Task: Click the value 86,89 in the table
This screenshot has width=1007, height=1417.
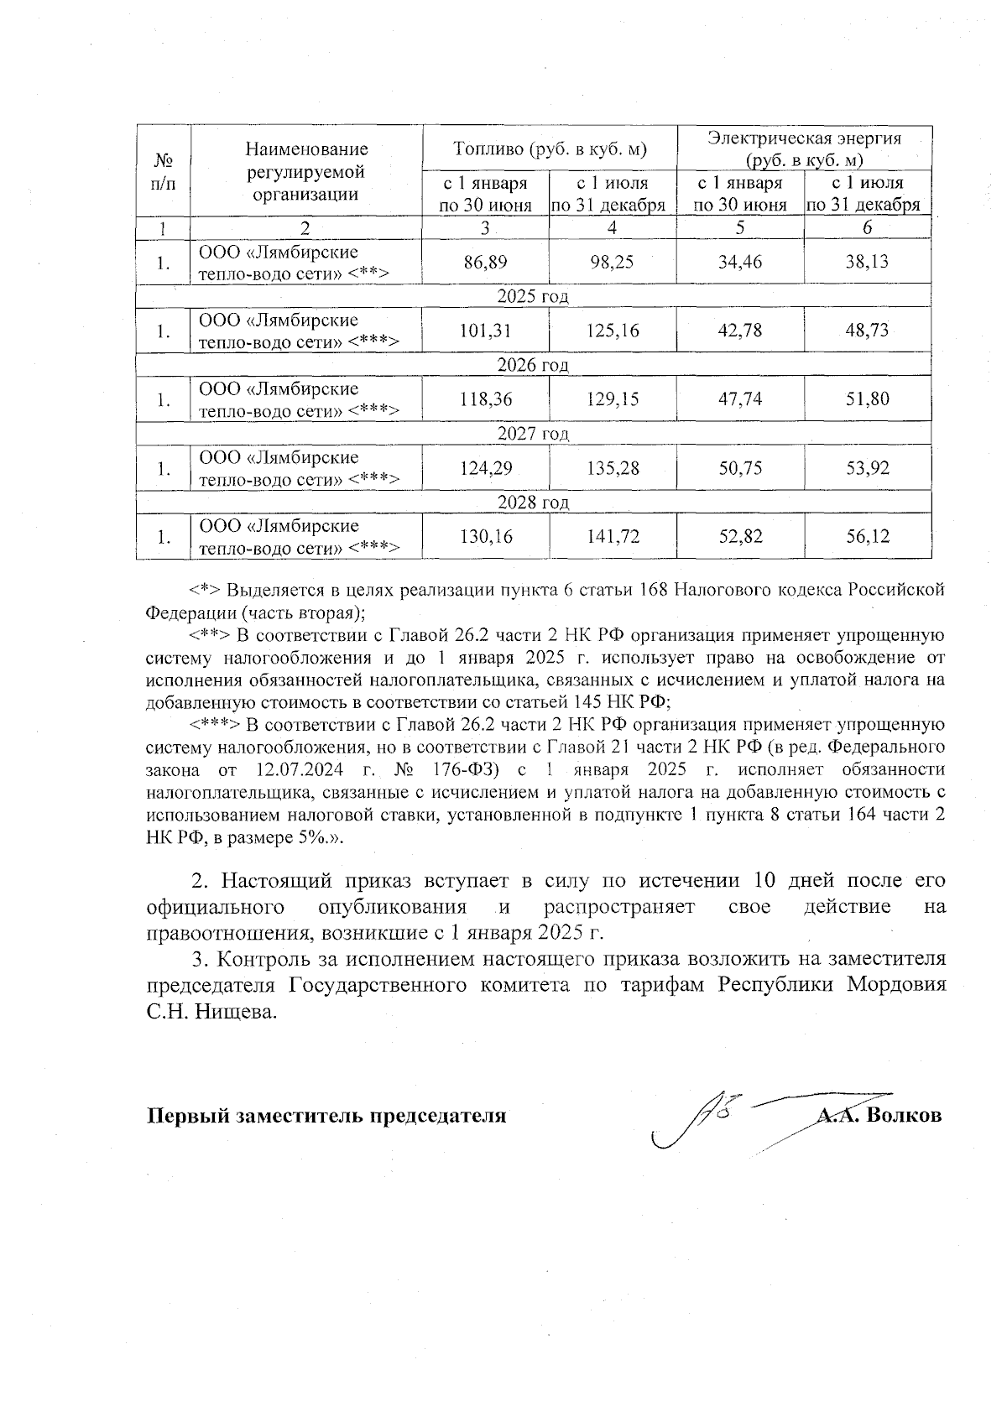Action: [x=485, y=263]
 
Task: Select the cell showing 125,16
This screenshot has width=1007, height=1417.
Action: [x=613, y=331]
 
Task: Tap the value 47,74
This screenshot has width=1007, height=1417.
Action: [x=740, y=400]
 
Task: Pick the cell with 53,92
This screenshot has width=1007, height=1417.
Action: [x=868, y=468]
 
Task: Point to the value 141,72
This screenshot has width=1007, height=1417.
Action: [x=613, y=537]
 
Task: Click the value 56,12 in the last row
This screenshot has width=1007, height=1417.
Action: [x=868, y=537]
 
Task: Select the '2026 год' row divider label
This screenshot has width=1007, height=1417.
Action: [x=533, y=365]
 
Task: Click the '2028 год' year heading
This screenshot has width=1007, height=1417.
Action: [x=533, y=503]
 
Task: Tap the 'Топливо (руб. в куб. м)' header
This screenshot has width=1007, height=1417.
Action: [x=550, y=148]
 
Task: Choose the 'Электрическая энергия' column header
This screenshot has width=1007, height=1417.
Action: [x=804, y=139]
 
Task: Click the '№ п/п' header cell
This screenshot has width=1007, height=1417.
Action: [x=164, y=171]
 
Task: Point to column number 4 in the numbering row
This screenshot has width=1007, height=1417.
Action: [x=613, y=228]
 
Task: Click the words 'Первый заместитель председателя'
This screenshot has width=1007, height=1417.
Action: [x=327, y=1116]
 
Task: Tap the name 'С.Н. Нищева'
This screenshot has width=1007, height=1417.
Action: [x=211, y=1013]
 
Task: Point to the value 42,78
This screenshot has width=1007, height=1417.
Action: [x=740, y=331]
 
